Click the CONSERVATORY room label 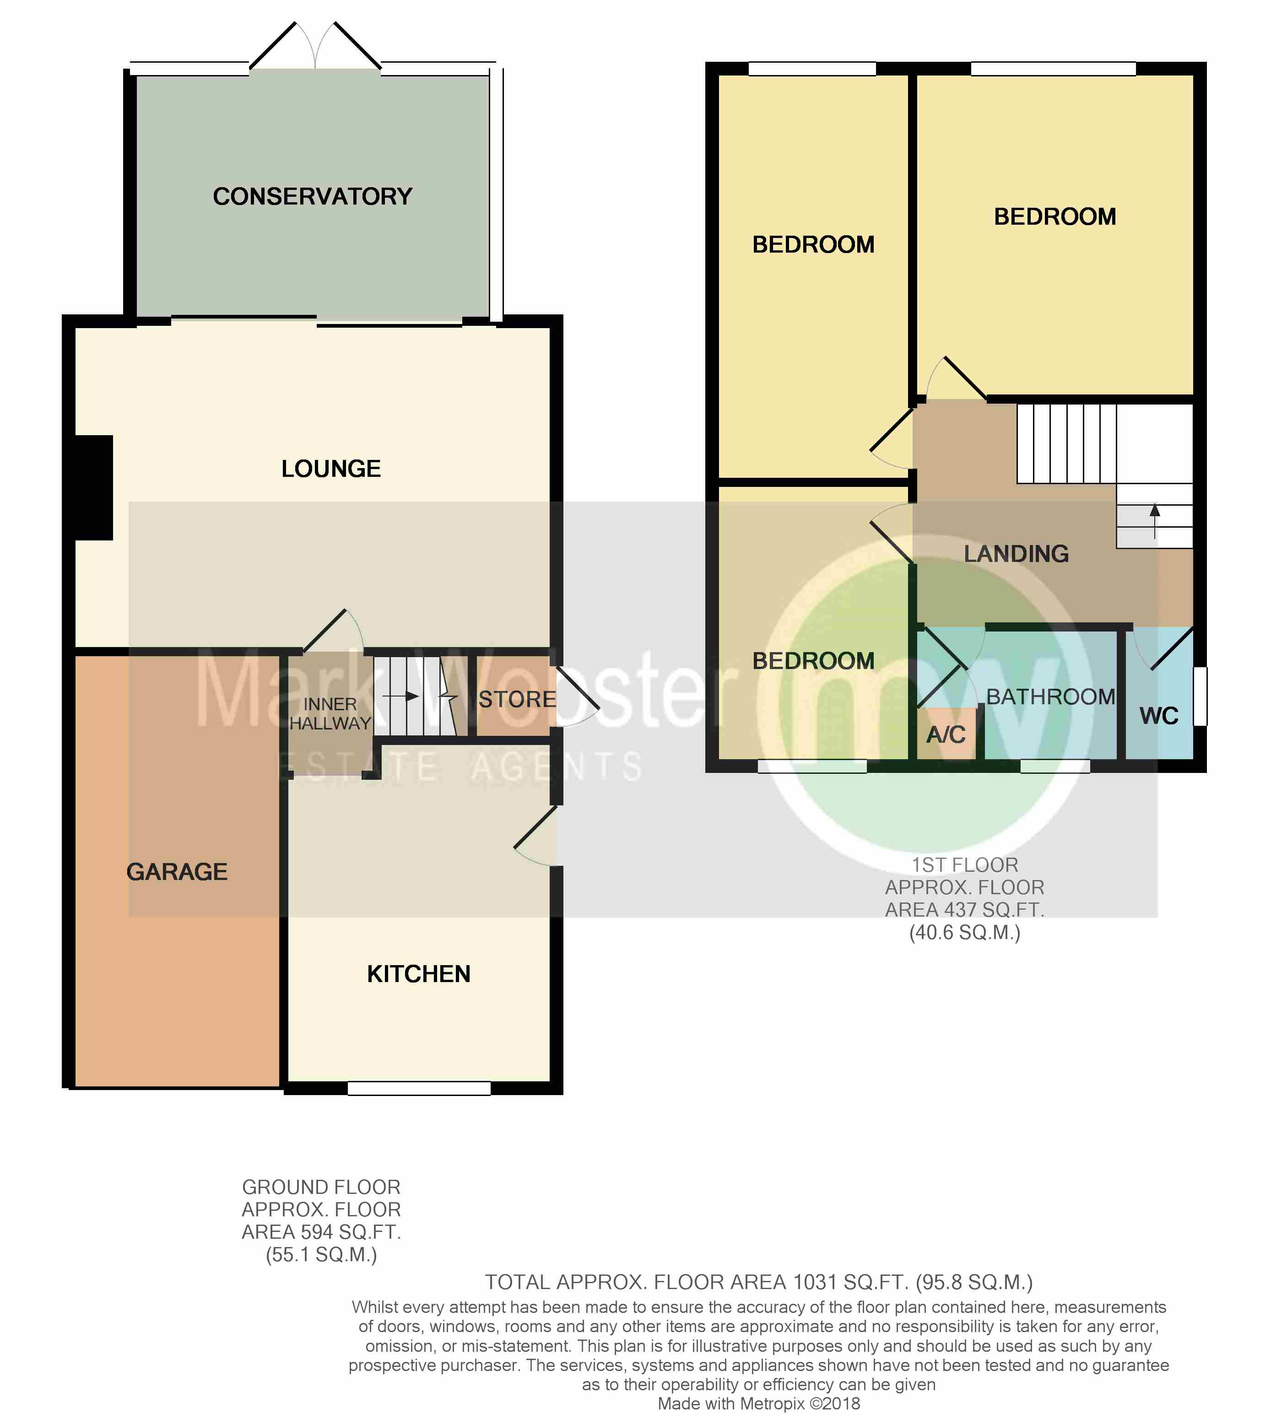point(312,196)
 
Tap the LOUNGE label point(331,469)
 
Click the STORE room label point(517,699)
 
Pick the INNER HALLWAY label point(330,713)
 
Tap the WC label point(1159,716)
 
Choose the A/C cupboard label point(946,734)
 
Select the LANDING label point(1016,554)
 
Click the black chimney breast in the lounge point(94,487)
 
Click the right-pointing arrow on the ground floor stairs point(401,697)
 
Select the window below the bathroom point(1055,767)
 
